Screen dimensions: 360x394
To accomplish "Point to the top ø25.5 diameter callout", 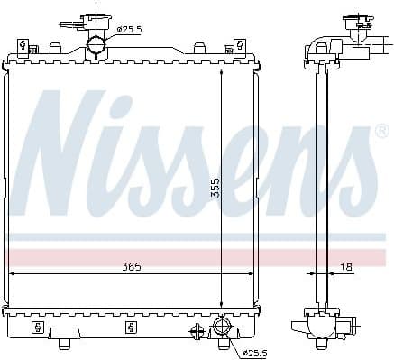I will [129, 29].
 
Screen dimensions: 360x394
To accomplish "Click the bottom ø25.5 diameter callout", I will [254, 350].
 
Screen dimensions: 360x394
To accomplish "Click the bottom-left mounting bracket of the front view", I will [37, 326].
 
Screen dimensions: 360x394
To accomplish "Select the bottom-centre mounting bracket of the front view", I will [132, 326].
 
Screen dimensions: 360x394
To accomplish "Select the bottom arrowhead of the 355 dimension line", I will [222, 304].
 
